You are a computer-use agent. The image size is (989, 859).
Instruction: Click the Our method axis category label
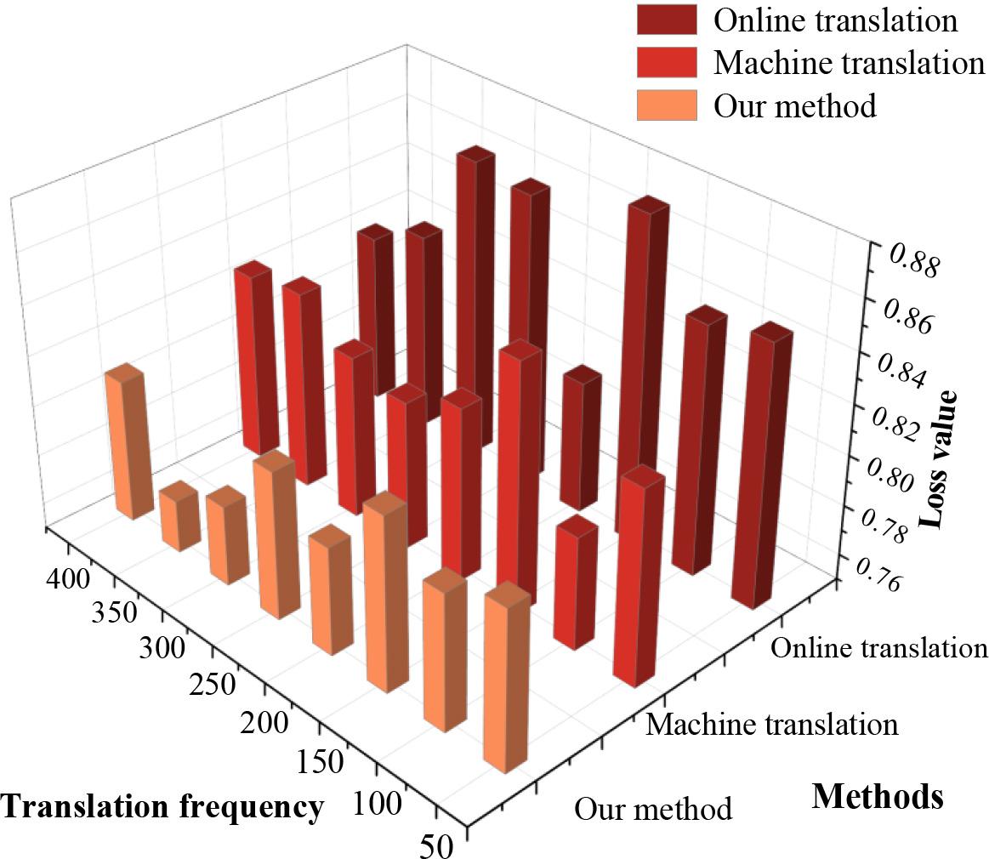point(652,808)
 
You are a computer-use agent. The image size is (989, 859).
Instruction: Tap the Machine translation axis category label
point(771,725)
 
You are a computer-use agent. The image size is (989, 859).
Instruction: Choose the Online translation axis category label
point(878,648)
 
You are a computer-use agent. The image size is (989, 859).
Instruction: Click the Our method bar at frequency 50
point(506,680)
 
